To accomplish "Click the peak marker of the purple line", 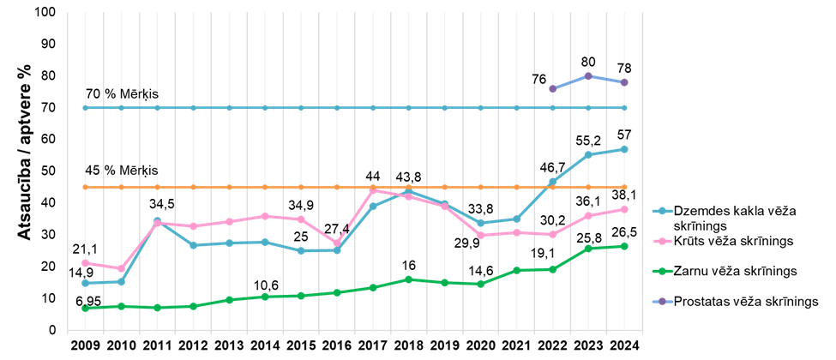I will pyautogui.click(x=588, y=75).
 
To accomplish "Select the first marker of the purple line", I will pyautogui.click(x=552, y=88).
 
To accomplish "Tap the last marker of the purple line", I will pyautogui.click(x=624, y=82).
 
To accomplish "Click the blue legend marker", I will pyautogui.click(x=662, y=211).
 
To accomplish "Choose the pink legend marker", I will pyautogui.click(x=662, y=241).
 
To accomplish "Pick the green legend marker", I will pyautogui.click(x=662, y=271).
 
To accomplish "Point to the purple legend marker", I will pyautogui.click(x=662, y=301).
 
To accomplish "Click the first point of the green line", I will pyautogui.click(x=85, y=308).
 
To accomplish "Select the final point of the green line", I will pyautogui.click(x=624, y=246).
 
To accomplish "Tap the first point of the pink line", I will pyautogui.click(x=85, y=262).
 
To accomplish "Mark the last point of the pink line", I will pyautogui.click(x=624, y=209).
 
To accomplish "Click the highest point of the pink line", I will pyautogui.click(x=372, y=189).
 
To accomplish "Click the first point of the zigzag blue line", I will pyautogui.click(x=85, y=283).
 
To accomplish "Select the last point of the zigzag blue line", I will pyautogui.click(x=624, y=149).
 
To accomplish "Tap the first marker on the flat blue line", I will pyautogui.click(x=85, y=108).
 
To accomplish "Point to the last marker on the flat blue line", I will pyautogui.click(x=624, y=108).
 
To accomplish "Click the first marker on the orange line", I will pyautogui.click(x=85, y=187).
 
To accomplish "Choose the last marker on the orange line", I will pyautogui.click(x=624, y=187).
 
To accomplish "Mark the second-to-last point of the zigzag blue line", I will pyautogui.click(x=588, y=154).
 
